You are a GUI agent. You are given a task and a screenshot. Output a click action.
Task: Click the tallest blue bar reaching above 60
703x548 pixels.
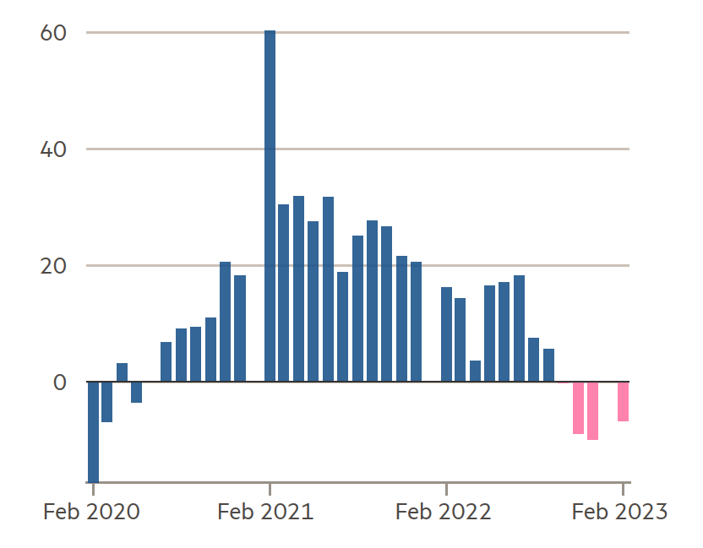(x=270, y=206)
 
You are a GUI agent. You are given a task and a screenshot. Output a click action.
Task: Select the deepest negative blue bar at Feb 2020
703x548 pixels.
(x=93, y=432)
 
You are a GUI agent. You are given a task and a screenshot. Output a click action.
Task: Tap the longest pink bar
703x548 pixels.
(x=592, y=411)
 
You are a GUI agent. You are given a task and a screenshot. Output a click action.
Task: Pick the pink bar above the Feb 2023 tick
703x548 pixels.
(x=624, y=401)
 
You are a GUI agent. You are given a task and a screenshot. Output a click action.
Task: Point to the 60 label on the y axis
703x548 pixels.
(x=53, y=33)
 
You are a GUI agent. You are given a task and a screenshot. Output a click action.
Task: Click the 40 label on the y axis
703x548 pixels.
(x=53, y=149)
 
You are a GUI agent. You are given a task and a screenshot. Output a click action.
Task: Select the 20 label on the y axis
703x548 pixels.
(x=53, y=266)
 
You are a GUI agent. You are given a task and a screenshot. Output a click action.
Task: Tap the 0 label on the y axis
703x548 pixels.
(x=60, y=383)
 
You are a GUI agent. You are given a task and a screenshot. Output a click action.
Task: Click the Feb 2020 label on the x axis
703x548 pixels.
(x=91, y=512)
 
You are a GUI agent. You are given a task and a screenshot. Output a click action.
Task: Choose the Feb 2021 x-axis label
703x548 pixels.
(x=265, y=512)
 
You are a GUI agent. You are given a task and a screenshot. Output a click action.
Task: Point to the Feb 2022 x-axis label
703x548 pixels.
(x=443, y=512)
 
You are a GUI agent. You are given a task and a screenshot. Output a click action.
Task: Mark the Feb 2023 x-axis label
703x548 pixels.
(x=619, y=512)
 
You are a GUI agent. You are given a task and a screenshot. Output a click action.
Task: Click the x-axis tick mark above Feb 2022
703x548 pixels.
(x=446, y=489)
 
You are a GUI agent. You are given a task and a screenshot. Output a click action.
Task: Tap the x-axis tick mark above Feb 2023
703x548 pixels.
(x=623, y=489)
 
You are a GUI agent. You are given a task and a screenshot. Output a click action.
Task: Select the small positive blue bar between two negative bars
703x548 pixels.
(x=122, y=372)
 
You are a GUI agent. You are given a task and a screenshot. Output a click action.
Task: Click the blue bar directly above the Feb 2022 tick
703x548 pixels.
(x=446, y=334)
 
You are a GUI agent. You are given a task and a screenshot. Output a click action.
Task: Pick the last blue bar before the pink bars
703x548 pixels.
(x=548, y=365)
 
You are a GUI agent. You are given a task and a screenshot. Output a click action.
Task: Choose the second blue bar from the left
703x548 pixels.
(x=106, y=402)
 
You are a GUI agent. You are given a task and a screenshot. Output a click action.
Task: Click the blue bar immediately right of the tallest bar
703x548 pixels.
(x=283, y=293)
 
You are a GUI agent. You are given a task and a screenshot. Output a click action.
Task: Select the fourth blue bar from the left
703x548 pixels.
(x=136, y=392)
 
